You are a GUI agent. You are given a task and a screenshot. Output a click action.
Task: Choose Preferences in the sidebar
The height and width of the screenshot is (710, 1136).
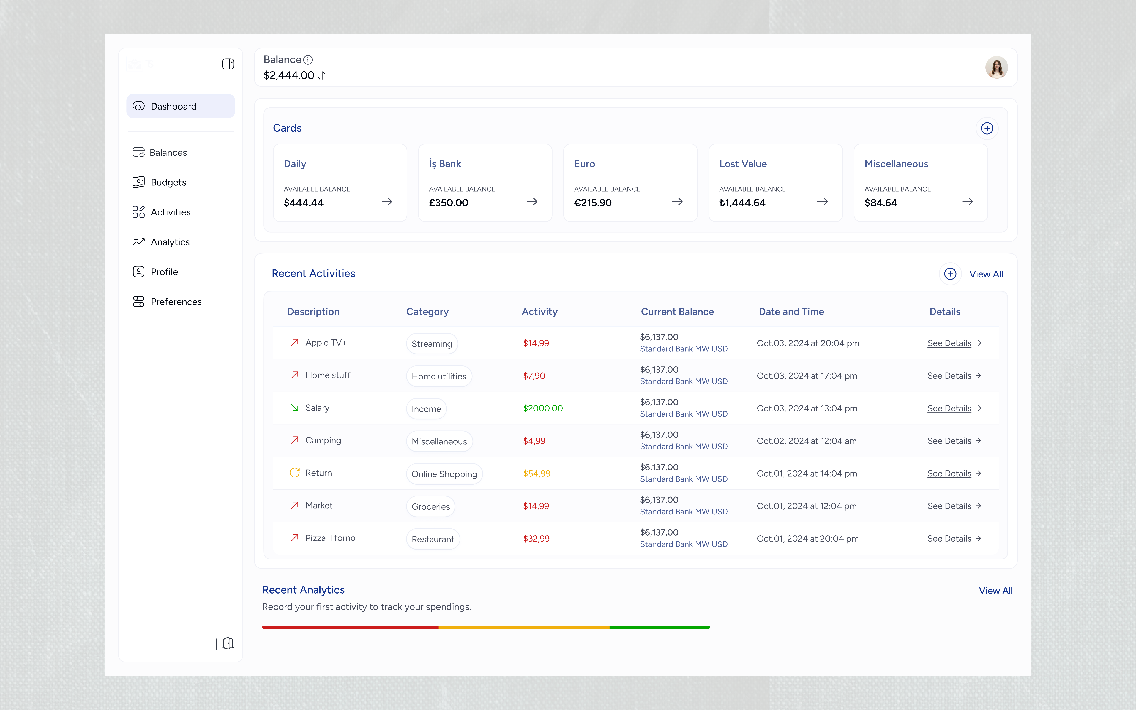pos(167,301)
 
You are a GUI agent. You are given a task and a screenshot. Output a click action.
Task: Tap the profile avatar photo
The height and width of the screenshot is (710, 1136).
pos(996,67)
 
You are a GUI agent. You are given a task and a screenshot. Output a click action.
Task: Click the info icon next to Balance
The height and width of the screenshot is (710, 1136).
pos(308,60)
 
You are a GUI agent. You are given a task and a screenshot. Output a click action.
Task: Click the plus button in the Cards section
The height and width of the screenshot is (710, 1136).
pos(987,128)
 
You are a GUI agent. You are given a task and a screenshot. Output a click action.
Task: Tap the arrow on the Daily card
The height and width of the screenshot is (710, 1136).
pos(387,201)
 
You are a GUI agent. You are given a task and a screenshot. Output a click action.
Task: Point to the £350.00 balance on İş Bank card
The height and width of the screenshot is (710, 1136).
pos(449,203)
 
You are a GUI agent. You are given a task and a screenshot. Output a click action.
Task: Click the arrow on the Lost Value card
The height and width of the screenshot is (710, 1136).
pos(822,201)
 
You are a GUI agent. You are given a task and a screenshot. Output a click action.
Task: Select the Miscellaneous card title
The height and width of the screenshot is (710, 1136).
pos(896,164)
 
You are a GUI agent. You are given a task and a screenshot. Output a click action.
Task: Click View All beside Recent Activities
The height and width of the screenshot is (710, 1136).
pos(986,274)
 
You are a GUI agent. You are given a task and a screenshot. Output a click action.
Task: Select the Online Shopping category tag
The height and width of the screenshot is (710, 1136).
pos(444,474)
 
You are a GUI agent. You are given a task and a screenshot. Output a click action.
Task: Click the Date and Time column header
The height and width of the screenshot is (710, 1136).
pos(791,312)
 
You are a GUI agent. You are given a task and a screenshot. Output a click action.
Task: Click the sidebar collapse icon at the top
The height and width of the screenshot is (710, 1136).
pos(228,64)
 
